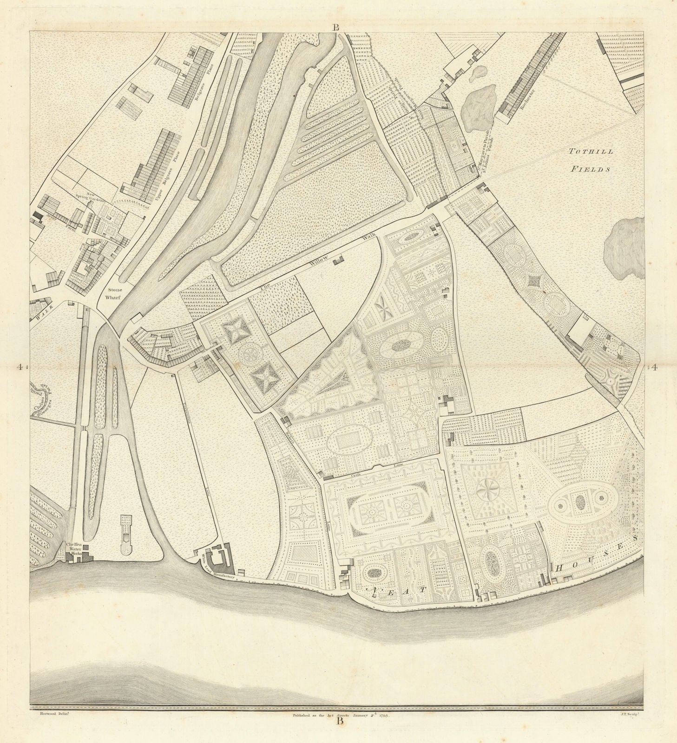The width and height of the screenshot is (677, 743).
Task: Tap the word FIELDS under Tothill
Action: tap(590, 169)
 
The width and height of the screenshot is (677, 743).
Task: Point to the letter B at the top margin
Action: tap(335, 27)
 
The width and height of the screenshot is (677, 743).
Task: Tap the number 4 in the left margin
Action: tap(20, 367)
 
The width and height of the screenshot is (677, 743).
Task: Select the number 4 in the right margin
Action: tap(654, 368)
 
